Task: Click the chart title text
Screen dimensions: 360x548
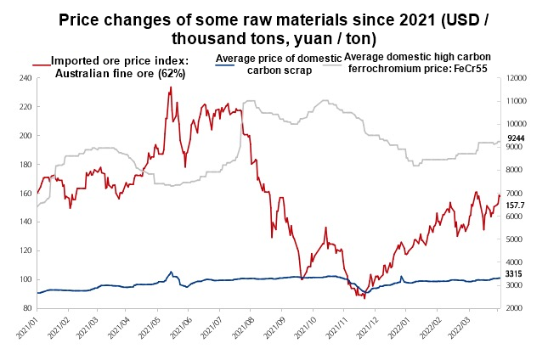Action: click(274, 29)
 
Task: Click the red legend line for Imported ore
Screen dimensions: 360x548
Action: click(41, 62)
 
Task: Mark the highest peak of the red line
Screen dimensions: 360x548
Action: click(171, 87)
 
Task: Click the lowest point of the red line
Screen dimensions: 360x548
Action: click(364, 298)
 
